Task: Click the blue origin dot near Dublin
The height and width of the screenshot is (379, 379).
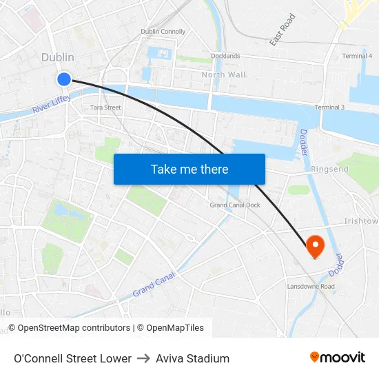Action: pos(64,79)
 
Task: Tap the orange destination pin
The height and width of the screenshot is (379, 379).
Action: pos(315,245)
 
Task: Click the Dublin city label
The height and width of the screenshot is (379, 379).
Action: pos(57,58)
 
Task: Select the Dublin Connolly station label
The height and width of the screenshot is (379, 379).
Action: pos(163,32)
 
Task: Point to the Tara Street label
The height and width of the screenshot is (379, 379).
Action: pos(105,107)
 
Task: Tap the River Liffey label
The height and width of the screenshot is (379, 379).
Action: pos(51,104)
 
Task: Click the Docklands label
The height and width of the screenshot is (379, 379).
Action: pos(225,56)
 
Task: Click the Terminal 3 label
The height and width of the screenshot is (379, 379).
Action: pos(329,107)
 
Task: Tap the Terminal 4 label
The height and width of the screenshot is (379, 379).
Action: pos(357,56)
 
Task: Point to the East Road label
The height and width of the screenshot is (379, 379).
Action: pos(283,30)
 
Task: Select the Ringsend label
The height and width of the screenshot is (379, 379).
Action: pos(329,168)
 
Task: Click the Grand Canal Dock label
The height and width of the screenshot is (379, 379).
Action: pos(235,205)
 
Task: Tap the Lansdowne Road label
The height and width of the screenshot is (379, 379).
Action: pos(311,286)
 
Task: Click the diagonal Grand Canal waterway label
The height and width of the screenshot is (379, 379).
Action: pos(154,283)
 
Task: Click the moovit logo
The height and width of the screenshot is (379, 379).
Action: pos(338,357)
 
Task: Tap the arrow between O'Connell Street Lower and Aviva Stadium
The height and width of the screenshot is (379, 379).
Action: pos(143,358)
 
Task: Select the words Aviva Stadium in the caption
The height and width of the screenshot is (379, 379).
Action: pos(192,358)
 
